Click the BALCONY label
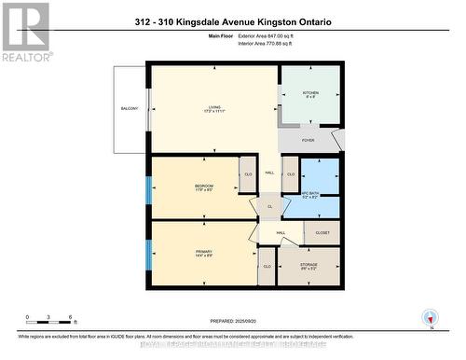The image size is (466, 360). pos(129,110)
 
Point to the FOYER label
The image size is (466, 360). pos(308,140)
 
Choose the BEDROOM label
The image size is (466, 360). pos(204,187)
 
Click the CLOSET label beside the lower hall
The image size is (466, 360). pos(322,232)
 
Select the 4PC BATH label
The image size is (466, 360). pos(310,193)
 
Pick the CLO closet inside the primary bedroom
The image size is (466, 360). pos(267,266)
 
